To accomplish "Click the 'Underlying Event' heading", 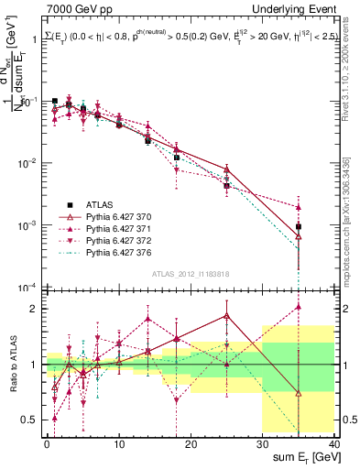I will (x=292, y=8).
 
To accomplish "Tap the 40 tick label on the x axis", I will (x=334, y=443).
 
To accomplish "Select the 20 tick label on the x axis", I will (x=191, y=443).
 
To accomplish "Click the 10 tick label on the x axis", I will (x=119, y=443).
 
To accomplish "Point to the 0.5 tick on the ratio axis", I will (x=31, y=420).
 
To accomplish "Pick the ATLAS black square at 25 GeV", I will (x=226, y=186).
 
